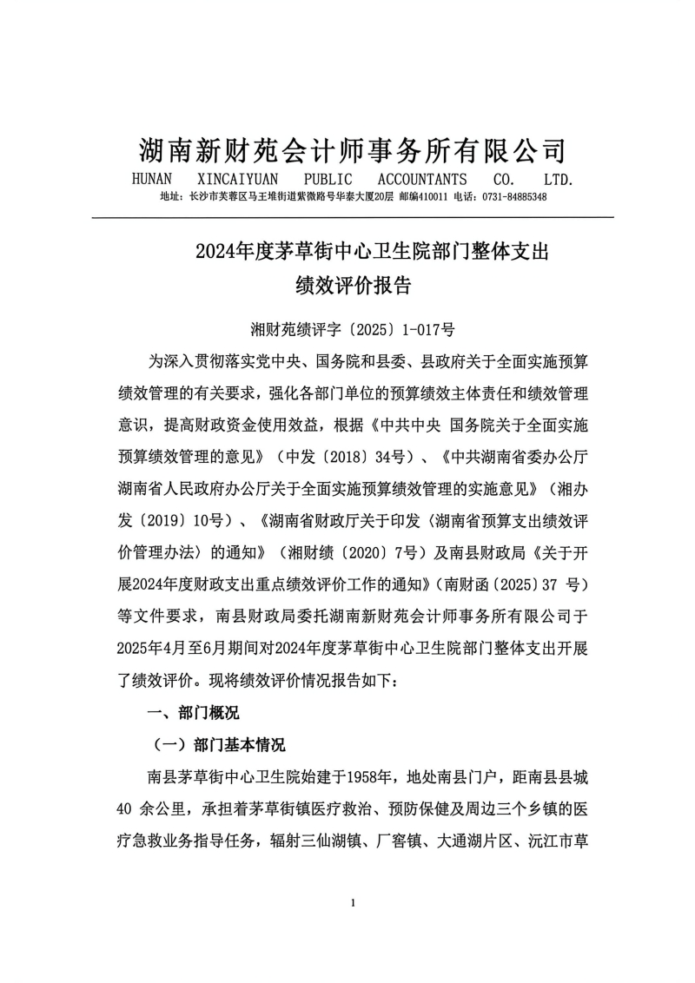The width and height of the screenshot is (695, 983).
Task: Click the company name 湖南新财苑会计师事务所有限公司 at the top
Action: [x=353, y=150]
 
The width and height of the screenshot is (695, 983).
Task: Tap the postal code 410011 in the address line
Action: [x=429, y=197]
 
